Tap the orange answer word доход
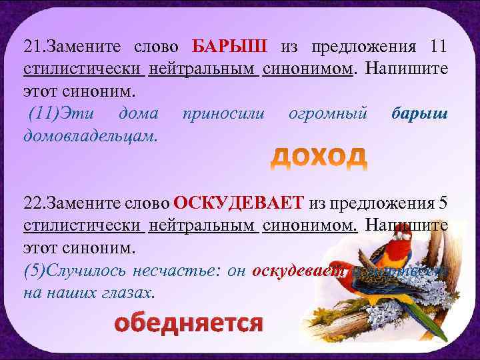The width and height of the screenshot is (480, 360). pos(319,156)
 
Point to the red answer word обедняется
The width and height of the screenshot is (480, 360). pos(189,323)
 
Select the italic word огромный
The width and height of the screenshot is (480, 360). pos(328,113)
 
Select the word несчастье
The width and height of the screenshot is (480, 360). pos(163,271)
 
